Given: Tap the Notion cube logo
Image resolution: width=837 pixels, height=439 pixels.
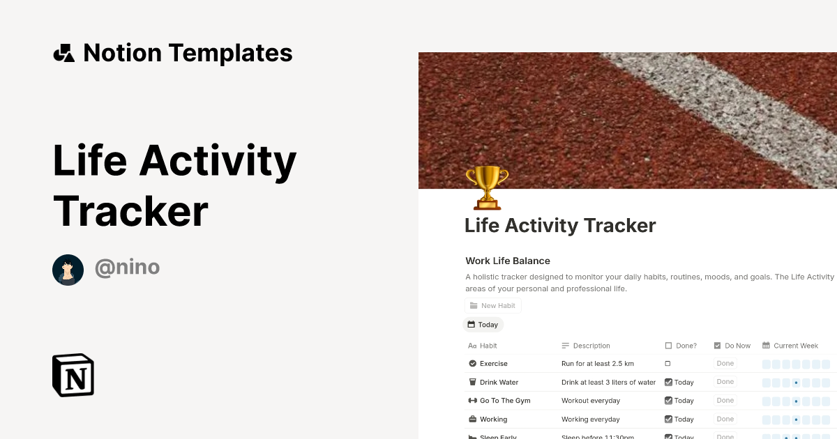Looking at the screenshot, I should [73, 375].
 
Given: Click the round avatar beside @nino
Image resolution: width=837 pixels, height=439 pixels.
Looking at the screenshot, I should [68, 270].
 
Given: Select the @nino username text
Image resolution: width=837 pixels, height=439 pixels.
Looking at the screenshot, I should [127, 267].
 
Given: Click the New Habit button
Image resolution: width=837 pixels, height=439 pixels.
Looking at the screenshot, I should [492, 305].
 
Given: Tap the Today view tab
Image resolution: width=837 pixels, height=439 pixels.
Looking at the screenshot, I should [483, 325].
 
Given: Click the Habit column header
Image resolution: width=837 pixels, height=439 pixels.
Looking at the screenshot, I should [488, 346].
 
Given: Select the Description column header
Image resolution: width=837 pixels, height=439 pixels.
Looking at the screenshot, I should [591, 346].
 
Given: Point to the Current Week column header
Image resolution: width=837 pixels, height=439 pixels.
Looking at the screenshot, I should [795, 346].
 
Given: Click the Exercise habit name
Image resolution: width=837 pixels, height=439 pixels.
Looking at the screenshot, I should [493, 364].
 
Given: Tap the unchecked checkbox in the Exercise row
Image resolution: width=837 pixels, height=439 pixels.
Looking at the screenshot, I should [668, 364].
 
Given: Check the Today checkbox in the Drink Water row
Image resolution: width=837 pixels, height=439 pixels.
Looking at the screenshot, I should [668, 382].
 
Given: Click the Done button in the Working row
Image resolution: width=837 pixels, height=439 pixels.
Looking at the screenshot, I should [725, 419].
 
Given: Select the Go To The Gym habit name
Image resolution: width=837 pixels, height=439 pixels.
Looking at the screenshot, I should [505, 401].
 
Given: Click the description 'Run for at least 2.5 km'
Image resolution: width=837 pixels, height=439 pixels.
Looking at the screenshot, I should [598, 364].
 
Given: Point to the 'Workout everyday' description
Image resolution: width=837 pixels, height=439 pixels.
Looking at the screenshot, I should [591, 401].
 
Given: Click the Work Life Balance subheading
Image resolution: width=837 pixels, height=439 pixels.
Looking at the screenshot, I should [508, 261].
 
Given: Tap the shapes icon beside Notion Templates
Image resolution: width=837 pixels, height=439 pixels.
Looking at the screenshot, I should [63, 53].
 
